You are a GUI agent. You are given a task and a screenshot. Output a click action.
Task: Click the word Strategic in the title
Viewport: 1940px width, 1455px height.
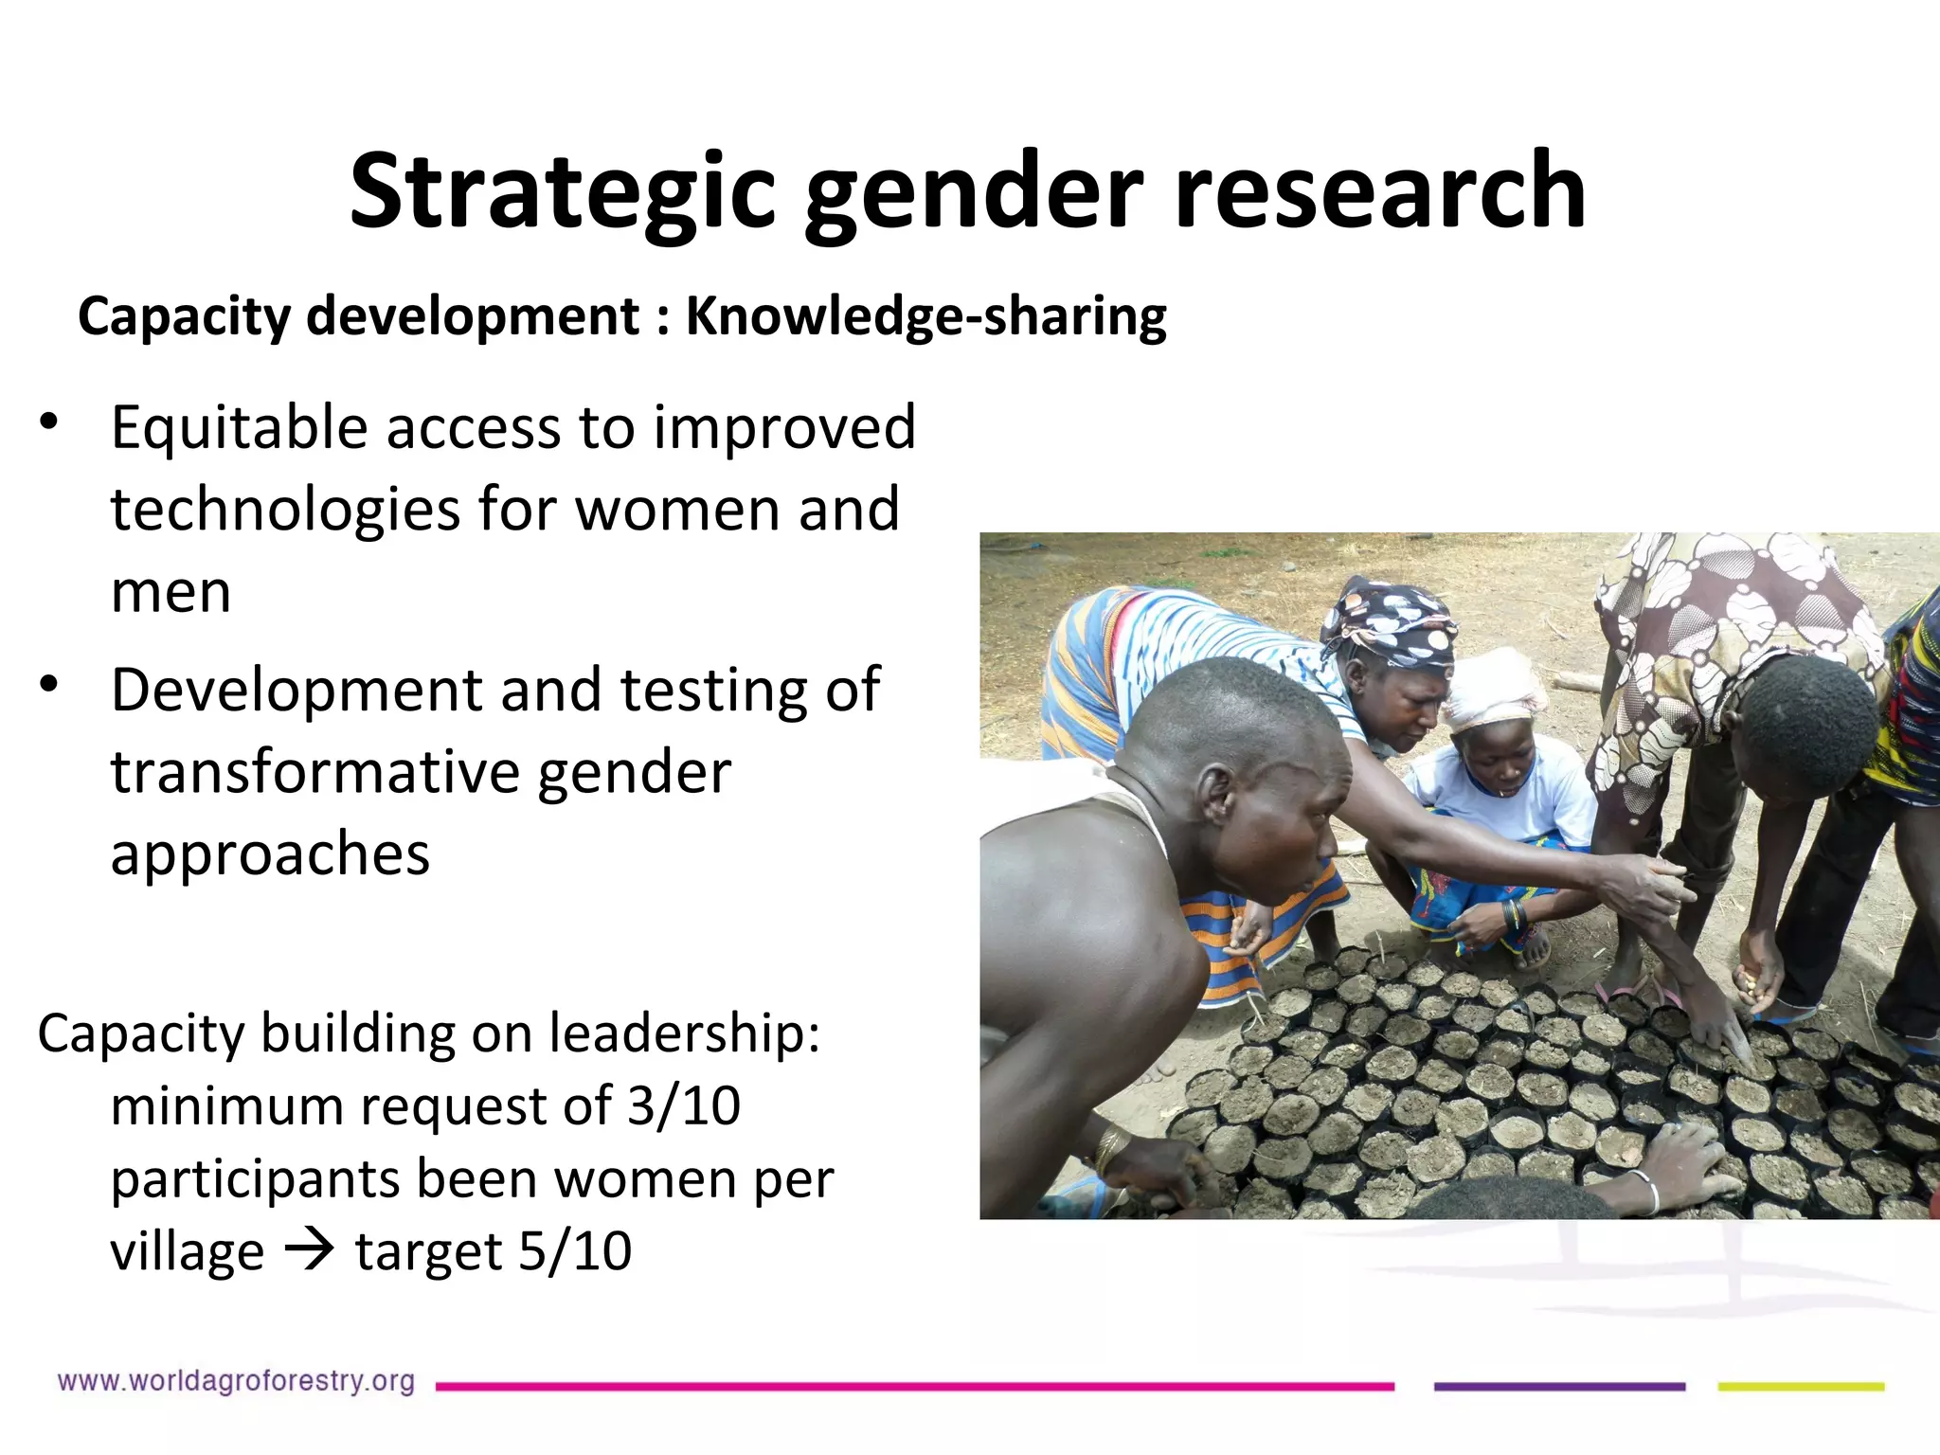[x=563, y=192]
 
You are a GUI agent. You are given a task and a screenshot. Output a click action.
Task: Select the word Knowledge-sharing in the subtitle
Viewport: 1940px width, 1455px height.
[x=925, y=316]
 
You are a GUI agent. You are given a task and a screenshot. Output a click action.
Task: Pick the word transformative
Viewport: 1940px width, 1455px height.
[x=313, y=771]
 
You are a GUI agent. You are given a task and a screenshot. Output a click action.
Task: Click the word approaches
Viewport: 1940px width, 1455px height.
[x=270, y=853]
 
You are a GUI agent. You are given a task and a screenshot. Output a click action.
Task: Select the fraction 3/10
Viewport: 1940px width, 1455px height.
[x=684, y=1105]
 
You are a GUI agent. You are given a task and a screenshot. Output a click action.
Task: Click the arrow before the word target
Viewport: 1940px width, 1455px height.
[x=309, y=1251]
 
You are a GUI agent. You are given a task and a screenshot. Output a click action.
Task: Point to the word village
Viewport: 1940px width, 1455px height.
[x=187, y=1251]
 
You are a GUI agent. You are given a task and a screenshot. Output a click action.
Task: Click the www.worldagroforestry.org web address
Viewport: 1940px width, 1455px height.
[x=236, y=1381]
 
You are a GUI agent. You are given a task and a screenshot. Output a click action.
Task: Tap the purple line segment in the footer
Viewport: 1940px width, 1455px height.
[x=1559, y=1387]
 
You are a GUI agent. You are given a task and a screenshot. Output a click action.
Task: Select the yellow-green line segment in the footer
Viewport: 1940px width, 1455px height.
[x=1801, y=1387]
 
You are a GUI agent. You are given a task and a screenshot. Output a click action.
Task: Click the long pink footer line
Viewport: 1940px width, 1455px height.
[x=914, y=1387]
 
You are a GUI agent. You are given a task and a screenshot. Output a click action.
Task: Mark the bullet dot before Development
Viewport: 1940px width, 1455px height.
[x=49, y=683]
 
